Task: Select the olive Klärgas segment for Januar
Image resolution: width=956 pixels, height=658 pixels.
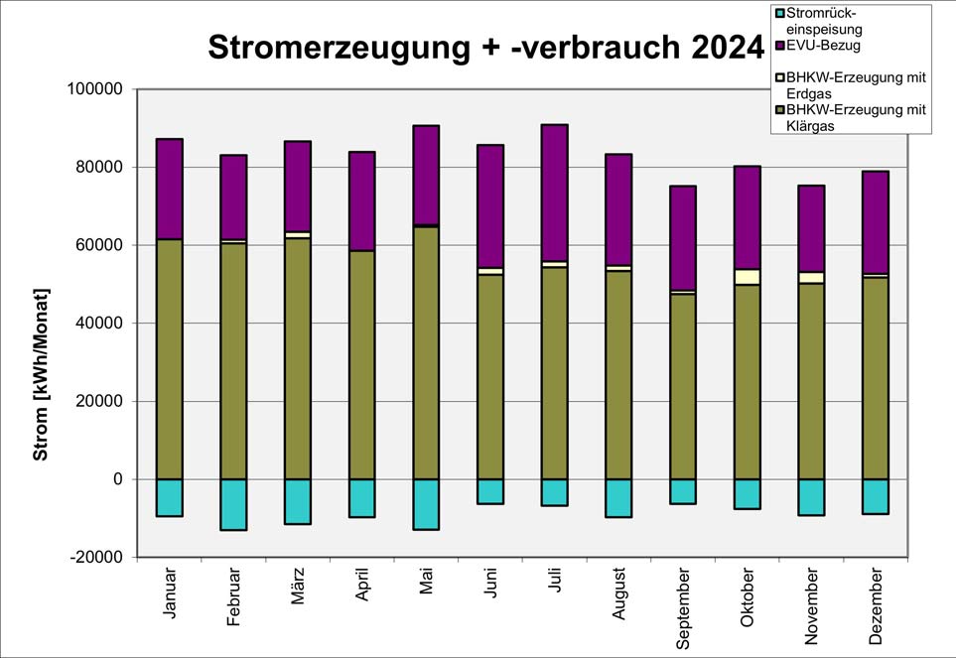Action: click(169, 358)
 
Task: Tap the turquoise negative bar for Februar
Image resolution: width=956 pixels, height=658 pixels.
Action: click(233, 504)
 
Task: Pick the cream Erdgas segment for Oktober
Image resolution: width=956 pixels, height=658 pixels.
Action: click(748, 277)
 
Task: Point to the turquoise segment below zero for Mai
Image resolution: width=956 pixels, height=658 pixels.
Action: click(426, 504)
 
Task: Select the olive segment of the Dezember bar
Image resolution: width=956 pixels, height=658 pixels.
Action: click(876, 377)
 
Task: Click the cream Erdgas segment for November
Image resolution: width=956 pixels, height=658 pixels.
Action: click(811, 278)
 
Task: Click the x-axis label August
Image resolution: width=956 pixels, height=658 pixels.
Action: click(619, 599)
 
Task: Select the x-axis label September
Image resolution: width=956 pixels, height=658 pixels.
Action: click(683, 608)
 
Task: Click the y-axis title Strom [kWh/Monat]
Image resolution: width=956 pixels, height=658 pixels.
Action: click(41, 374)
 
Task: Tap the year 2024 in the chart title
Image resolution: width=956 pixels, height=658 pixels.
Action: click(718, 47)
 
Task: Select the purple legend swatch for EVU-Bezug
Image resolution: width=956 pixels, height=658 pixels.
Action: click(779, 45)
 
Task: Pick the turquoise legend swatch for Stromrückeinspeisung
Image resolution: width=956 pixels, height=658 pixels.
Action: click(779, 13)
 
